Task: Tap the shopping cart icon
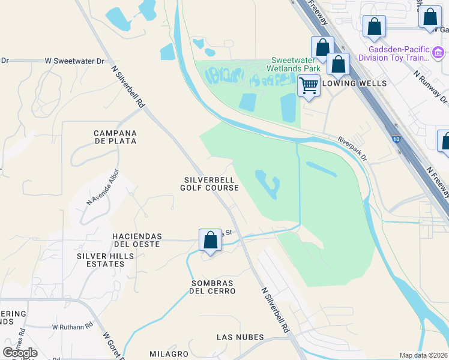309,86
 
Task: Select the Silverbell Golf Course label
211,184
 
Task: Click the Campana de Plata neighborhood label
115,137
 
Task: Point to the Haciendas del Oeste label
136,240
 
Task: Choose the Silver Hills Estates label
106,260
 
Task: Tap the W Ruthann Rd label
72,327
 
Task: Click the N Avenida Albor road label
103,187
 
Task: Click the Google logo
20,353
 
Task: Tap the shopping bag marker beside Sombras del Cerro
210,240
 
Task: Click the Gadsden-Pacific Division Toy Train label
394,54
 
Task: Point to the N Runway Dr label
431,86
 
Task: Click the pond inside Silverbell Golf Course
268,184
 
